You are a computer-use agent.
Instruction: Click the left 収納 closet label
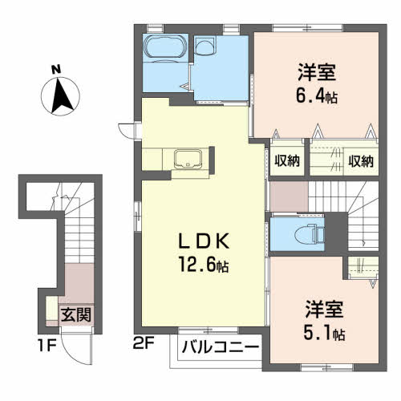coord(285,160)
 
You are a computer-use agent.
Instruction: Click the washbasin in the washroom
coord(207,49)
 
